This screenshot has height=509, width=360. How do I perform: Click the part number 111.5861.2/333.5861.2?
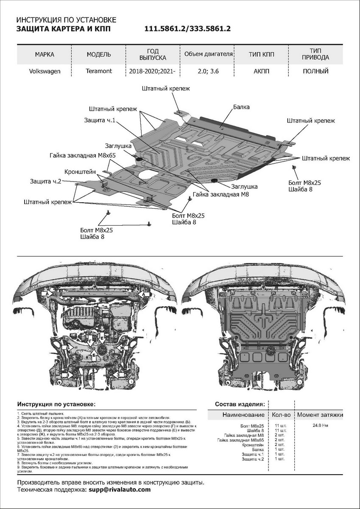coord(187,29)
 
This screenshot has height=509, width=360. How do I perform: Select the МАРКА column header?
coord(45,55)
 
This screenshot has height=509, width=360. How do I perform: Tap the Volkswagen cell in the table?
coord(45,71)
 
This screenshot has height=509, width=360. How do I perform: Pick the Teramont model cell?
coord(99,71)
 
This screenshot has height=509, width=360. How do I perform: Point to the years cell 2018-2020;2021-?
coord(153,71)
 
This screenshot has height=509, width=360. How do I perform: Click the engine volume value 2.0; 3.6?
coord(209,71)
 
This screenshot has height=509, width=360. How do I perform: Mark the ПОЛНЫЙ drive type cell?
coord(315,71)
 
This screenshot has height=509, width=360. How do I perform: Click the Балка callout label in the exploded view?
coord(241,108)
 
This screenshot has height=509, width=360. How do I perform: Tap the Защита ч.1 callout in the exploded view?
coord(100,120)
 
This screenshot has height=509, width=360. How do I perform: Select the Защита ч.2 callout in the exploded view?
coord(46,181)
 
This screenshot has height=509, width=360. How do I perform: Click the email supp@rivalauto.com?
coord(119,489)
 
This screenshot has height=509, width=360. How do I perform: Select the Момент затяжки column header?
coord(320,414)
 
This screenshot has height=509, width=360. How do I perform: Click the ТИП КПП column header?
coord(262,55)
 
